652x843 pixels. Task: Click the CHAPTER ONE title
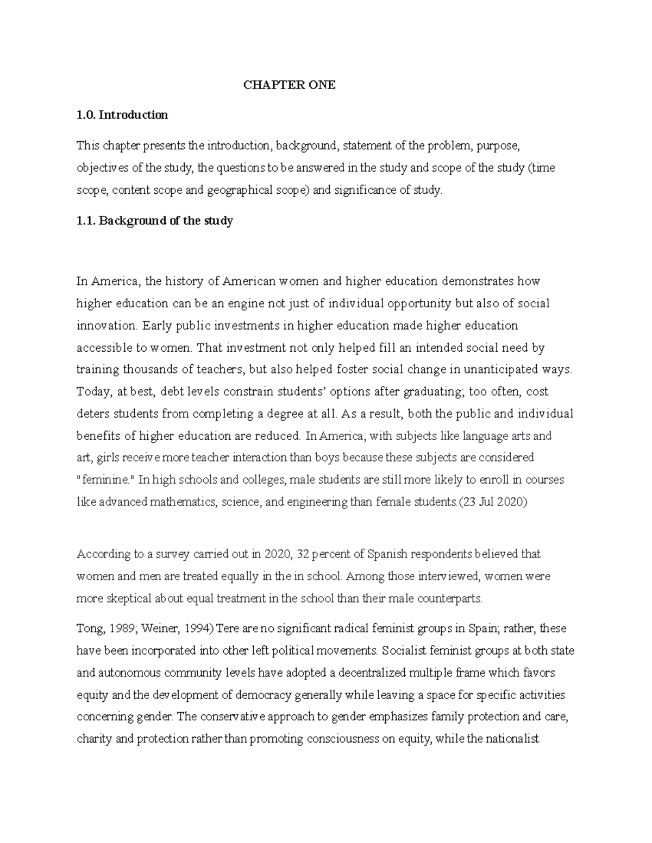point(289,85)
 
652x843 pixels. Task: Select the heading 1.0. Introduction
point(122,115)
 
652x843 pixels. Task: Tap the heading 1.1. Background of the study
point(155,221)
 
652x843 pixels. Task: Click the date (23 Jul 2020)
point(493,502)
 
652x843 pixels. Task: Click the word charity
point(95,739)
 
